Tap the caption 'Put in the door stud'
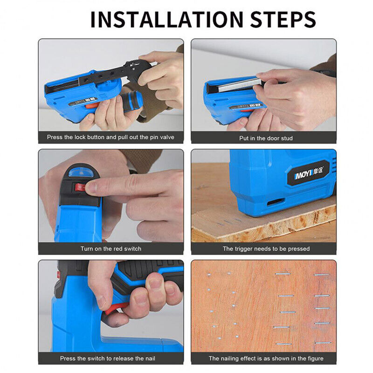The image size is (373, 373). point(263,138)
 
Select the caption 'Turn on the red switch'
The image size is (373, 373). point(111,249)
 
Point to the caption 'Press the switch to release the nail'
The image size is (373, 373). point(111,359)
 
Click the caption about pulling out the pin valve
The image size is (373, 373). point(111,138)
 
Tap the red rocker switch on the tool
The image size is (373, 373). point(80,187)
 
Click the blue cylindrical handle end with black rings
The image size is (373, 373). point(131,99)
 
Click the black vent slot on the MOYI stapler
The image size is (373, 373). point(275,202)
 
